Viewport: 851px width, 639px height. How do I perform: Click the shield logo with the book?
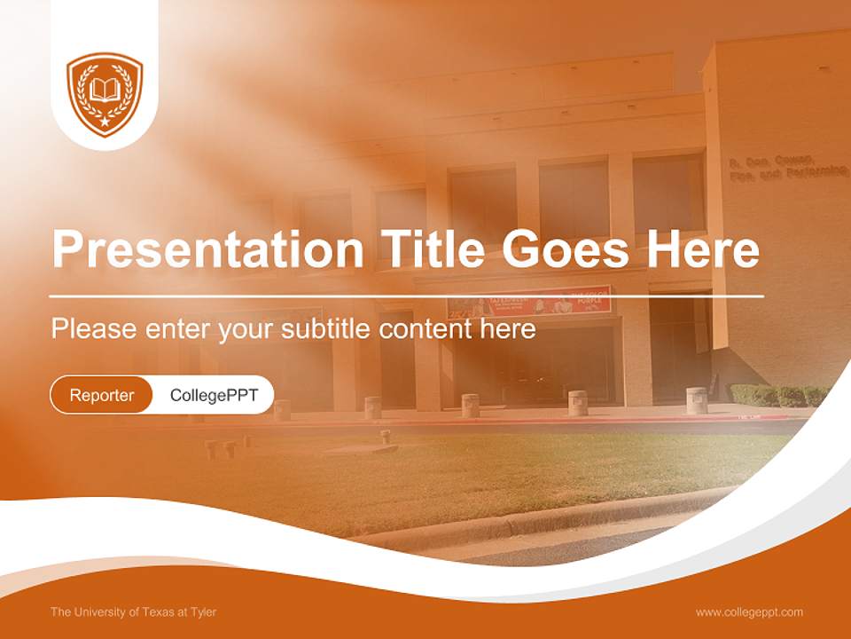tap(105, 94)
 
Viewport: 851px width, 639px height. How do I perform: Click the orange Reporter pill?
tap(101, 395)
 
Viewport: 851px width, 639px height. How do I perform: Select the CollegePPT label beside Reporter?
tap(214, 395)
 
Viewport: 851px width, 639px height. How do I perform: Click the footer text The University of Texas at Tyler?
tap(133, 611)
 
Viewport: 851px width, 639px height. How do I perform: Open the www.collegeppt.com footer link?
tap(749, 611)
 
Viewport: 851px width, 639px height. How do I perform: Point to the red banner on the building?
tap(529, 302)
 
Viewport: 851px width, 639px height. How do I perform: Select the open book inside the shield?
tap(105, 89)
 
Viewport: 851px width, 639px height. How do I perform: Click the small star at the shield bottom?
tap(105, 120)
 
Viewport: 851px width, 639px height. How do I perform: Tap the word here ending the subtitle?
tap(509, 328)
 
